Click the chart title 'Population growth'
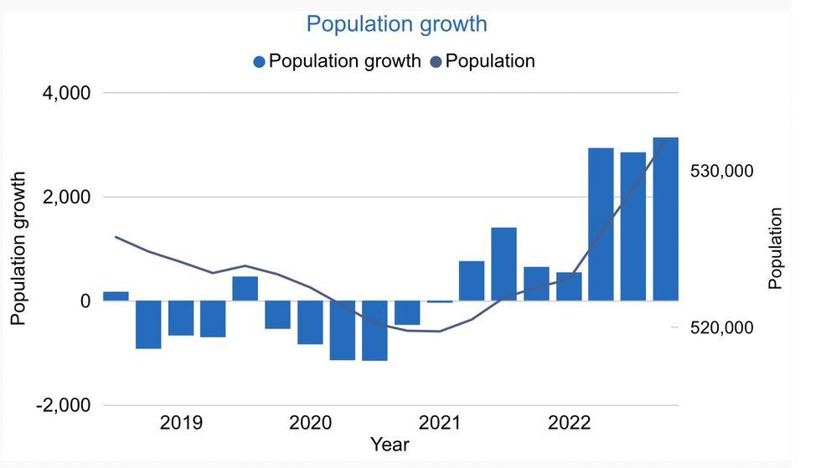(x=396, y=23)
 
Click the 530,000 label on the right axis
(x=721, y=171)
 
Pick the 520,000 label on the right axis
(x=721, y=328)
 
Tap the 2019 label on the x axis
(x=181, y=423)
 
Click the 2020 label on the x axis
(x=310, y=423)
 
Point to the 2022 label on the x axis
(x=569, y=423)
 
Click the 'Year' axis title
(x=390, y=444)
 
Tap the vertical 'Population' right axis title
(x=775, y=249)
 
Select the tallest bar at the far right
(x=665, y=219)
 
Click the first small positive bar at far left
(x=116, y=296)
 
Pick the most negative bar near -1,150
(x=374, y=331)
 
